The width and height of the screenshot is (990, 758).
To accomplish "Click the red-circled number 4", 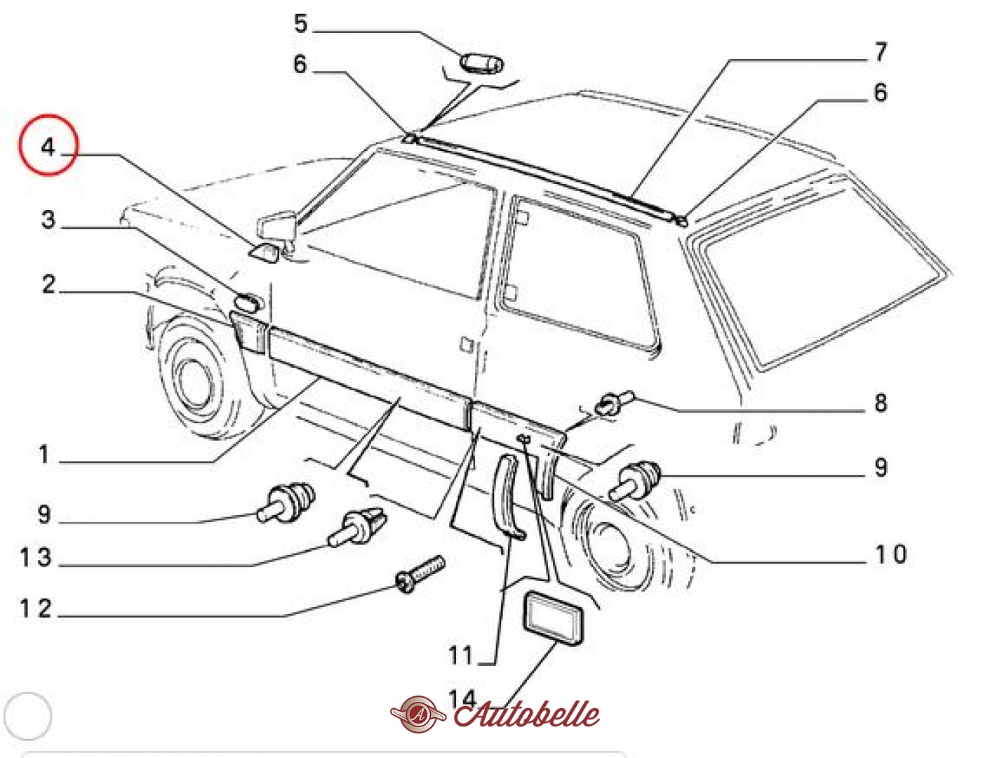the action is point(48,147).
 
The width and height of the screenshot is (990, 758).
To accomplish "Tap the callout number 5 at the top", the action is point(301,23).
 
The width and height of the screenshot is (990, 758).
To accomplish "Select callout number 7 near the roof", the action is point(881,52).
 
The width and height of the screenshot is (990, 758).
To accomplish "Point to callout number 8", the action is point(881,402).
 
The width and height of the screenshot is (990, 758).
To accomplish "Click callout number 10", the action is point(891,554).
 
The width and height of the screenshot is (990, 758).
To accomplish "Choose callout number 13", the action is point(36,557).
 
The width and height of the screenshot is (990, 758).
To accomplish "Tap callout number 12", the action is point(36,609).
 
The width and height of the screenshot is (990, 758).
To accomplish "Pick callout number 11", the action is point(460,655).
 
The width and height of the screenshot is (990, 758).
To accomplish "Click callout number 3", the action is point(48,220).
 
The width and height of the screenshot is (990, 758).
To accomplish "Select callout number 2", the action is point(48,284).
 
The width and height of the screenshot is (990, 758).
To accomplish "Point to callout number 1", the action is point(44,454).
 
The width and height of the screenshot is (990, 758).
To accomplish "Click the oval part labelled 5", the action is point(482,64).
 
